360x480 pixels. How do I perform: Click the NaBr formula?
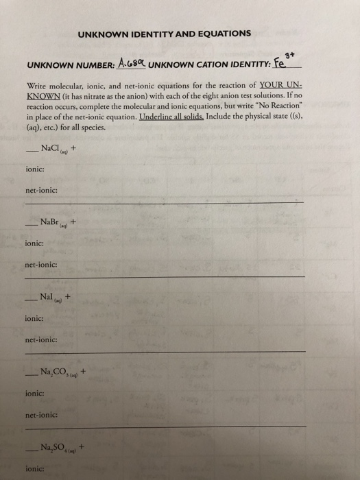[53, 222]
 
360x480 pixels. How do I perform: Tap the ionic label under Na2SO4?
[34, 469]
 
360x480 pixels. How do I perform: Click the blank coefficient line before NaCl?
[30, 149]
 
